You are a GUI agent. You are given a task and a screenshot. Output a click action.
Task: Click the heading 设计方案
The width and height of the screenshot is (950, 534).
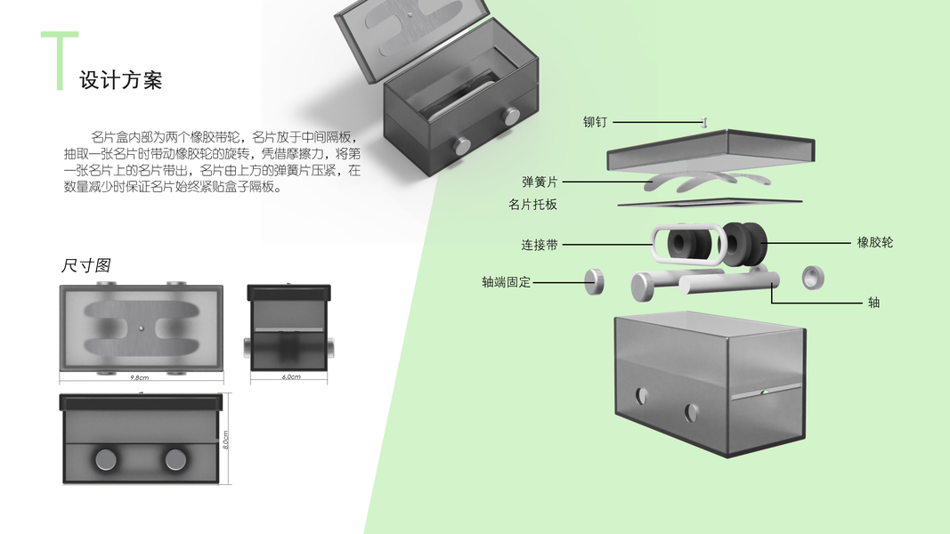pos(121,80)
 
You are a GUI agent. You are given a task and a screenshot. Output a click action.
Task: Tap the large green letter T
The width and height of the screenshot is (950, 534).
pos(60,61)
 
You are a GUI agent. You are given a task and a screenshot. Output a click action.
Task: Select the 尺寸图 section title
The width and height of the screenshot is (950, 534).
pos(85,265)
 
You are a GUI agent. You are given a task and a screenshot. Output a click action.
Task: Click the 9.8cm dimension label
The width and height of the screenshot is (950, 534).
pos(140,377)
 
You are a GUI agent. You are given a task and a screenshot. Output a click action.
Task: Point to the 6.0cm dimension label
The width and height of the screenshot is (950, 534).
pos(291,376)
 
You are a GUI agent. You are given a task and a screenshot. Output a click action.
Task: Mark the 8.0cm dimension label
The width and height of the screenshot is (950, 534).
pos(225,440)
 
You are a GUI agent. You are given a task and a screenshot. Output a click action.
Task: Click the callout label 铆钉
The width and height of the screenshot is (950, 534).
pos(595,122)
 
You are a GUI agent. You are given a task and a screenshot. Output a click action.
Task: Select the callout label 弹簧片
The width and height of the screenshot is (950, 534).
pos(540,182)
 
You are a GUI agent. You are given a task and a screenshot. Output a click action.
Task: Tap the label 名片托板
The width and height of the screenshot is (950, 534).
pos(532,205)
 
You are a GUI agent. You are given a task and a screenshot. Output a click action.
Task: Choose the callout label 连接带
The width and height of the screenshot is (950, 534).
pos(540,245)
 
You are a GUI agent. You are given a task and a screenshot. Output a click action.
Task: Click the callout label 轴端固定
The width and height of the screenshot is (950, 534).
pos(506,282)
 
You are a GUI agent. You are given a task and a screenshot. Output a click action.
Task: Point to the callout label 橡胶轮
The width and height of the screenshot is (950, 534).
pos(875,243)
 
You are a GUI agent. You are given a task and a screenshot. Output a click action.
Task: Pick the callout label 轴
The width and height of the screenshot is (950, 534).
pos(873,302)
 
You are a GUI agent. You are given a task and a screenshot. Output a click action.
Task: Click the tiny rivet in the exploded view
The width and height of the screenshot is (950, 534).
pos(703,122)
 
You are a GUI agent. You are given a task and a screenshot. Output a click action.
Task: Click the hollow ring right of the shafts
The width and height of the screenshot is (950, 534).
pos(813,278)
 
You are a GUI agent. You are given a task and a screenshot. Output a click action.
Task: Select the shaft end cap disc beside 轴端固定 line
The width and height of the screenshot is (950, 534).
pos(595,282)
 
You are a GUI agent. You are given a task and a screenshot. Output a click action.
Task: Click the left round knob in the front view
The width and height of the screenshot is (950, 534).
pos(107,459)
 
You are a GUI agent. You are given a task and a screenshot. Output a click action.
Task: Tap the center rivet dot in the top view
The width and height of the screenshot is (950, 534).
pos(142,328)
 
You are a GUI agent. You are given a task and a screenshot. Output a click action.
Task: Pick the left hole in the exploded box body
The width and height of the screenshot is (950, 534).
pos(641,397)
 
